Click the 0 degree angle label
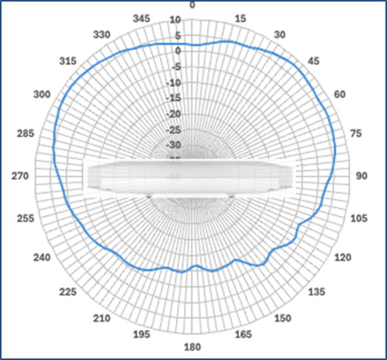pos(192,4)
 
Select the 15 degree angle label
pos(239,18)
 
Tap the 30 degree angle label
pos(279,35)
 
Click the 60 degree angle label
pos(341,94)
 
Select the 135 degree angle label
pos(316,293)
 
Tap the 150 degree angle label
pos(282,319)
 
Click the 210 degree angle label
pos(102,319)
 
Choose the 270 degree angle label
pos(21,176)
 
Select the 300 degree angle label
pos(43,94)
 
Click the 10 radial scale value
pos(175,20)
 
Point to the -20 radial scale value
pos(174,114)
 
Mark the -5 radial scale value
pos(175,67)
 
